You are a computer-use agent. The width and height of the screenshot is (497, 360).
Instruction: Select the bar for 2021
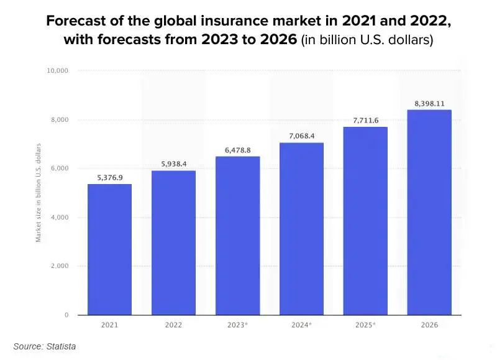click(109, 249)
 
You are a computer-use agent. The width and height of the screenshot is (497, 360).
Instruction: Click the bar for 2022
click(173, 242)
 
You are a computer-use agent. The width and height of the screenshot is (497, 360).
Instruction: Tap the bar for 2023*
click(237, 236)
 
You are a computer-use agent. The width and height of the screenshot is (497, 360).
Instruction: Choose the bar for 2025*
click(365, 221)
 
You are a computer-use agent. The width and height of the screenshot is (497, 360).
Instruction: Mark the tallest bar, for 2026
click(429, 212)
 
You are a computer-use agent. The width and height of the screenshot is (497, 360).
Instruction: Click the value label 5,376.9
click(109, 178)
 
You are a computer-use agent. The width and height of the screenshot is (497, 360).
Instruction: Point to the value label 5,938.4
click(173, 164)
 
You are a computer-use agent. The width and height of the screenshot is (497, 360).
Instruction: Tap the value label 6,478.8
click(237, 150)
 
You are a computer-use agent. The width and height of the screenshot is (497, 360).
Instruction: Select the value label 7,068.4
click(301, 136)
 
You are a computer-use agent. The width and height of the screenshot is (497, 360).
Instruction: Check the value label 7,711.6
click(365, 121)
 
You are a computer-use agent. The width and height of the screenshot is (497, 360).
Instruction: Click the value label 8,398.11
click(429, 104)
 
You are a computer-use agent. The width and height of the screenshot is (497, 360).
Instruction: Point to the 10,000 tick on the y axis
click(57, 71)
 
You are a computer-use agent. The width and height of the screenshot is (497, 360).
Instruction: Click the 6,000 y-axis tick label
click(60, 168)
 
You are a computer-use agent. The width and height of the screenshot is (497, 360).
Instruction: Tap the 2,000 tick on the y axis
click(60, 266)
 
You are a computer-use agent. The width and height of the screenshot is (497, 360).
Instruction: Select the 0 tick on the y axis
click(66, 315)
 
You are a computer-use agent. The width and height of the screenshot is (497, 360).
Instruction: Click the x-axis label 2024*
click(301, 325)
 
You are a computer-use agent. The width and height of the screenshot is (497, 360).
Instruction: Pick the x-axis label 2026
click(429, 325)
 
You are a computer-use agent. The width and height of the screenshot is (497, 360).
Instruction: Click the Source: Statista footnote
click(45, 346)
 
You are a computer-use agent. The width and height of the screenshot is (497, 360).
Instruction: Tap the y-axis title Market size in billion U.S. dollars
click(39, 193)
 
